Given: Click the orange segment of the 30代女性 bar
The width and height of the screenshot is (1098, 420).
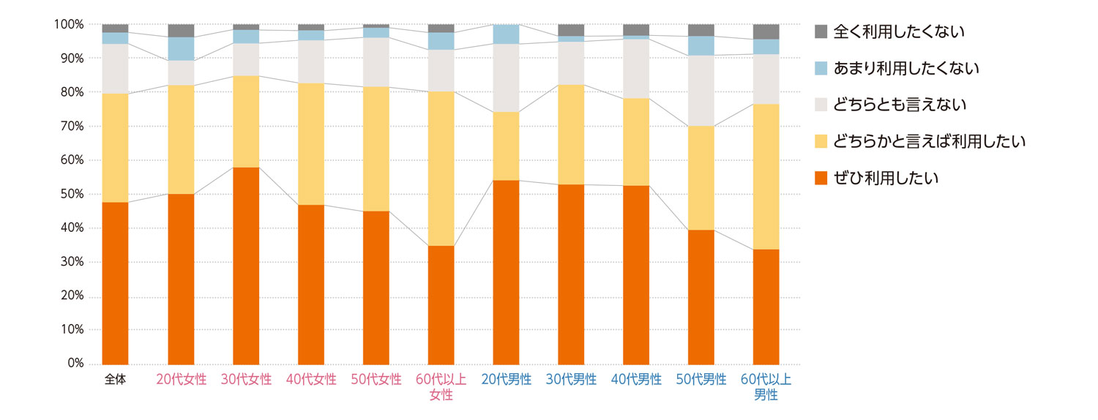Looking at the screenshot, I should pos(246,265).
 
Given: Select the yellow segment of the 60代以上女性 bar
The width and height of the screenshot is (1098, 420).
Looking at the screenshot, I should pos(441,168).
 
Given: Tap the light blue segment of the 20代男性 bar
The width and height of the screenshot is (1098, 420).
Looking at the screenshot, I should pos(506,34).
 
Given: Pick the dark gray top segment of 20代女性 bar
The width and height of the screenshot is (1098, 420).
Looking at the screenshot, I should pos(181,31).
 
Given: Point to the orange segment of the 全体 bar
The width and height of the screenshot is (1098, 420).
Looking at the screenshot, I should pos(115,282).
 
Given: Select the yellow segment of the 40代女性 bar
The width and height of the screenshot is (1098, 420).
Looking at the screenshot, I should pos(311,144).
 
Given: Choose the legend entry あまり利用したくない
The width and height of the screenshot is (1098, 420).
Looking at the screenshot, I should pos(906,68).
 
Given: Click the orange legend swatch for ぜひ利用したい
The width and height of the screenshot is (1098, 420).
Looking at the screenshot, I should pos(821,178).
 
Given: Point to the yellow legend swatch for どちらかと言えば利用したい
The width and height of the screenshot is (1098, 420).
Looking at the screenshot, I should pos(821,141).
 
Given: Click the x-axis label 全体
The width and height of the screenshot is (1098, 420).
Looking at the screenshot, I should pos(116,380).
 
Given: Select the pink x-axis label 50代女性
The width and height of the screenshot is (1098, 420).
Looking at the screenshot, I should pos(376,380).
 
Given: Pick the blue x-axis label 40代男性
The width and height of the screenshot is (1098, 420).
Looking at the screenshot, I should pos(636,380).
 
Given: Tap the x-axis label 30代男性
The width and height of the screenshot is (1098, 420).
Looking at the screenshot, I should pos(571,380).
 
